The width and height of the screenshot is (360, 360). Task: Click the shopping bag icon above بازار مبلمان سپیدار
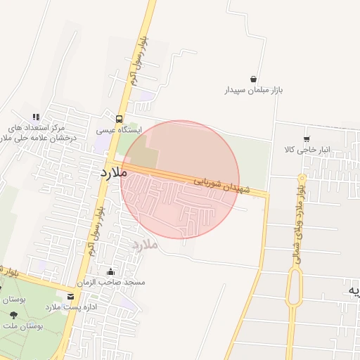click(253, 79)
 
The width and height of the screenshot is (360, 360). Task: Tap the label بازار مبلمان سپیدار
click(252, 91)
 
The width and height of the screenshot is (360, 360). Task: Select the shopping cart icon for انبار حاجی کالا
click(306, 139)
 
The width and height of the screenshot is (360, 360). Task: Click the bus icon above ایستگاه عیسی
click(119, 118)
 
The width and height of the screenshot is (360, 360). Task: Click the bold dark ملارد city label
click(112, 172)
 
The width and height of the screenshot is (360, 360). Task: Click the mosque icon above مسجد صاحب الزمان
click(110, 271)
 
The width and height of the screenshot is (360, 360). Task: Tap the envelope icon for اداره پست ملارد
click(70, 297)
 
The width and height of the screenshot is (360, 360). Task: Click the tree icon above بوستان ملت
click(13, 316)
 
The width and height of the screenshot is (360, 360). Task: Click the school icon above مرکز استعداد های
click(36, 117)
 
